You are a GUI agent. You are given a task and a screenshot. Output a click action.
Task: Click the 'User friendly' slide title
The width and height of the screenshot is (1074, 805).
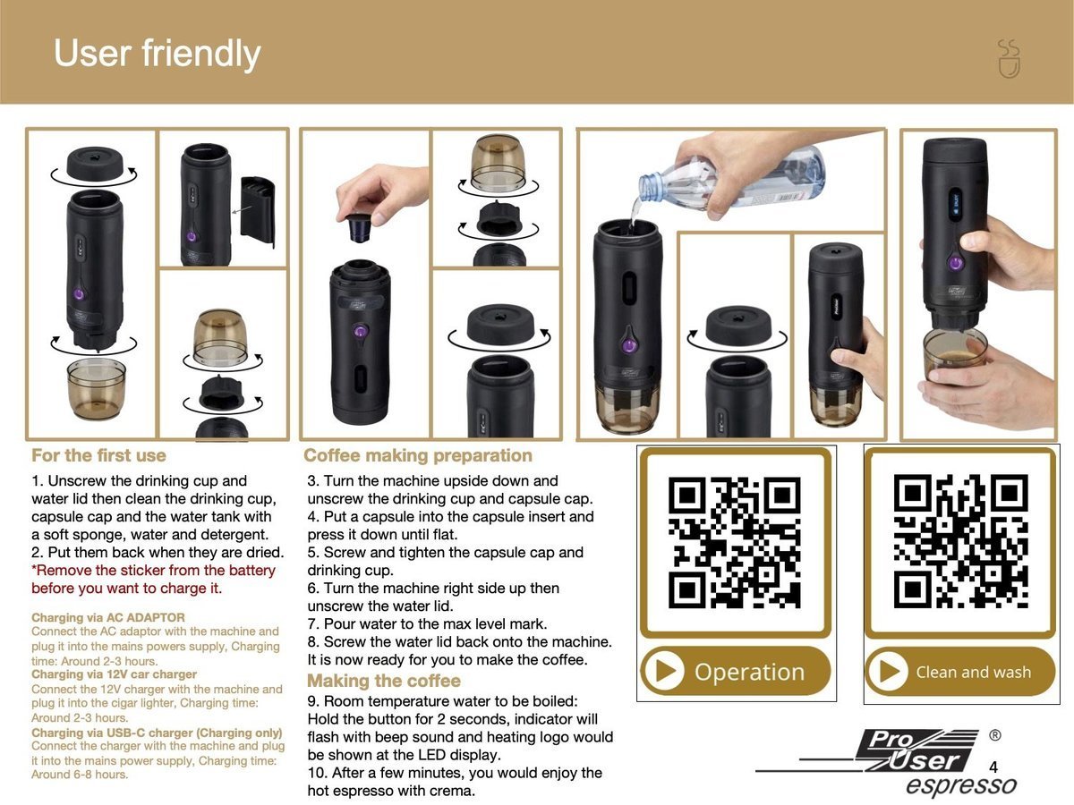point(157,54)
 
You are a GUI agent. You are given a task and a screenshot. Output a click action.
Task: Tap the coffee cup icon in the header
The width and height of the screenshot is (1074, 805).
point(1009,59)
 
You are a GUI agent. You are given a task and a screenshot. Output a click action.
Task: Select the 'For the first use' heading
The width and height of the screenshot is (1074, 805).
point(98,455)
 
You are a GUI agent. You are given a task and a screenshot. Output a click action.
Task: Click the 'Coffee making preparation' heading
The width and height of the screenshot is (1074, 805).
point(418,455)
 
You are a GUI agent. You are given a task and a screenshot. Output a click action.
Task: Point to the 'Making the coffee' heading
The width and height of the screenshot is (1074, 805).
point(384,681)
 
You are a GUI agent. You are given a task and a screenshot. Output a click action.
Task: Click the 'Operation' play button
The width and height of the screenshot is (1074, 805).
point(664,672)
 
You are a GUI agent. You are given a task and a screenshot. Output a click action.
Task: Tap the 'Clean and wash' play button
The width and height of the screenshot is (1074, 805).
point(890,672)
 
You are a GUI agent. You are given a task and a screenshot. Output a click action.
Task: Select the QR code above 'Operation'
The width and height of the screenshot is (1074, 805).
point(735,544)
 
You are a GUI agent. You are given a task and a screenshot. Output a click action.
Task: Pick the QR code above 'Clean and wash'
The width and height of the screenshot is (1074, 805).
point(960,542)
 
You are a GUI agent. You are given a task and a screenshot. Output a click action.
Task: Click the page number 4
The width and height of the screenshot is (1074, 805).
point(993,767)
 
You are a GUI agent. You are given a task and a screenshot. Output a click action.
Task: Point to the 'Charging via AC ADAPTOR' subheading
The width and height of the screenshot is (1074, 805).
point(108,617)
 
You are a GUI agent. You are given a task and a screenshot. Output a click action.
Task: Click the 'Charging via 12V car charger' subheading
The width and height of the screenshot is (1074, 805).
point(114,674)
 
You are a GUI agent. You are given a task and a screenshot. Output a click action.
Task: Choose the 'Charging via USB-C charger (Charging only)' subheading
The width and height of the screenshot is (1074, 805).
point(157,733)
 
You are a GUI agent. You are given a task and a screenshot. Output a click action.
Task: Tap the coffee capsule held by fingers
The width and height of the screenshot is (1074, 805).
point(359,228)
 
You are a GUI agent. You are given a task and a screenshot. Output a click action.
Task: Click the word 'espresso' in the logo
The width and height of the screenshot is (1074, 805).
point(960,786)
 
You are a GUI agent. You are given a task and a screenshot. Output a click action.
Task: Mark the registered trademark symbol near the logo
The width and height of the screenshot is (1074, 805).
point(995,735)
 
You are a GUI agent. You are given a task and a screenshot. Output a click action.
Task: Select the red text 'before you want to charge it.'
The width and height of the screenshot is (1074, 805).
point(126,589)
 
